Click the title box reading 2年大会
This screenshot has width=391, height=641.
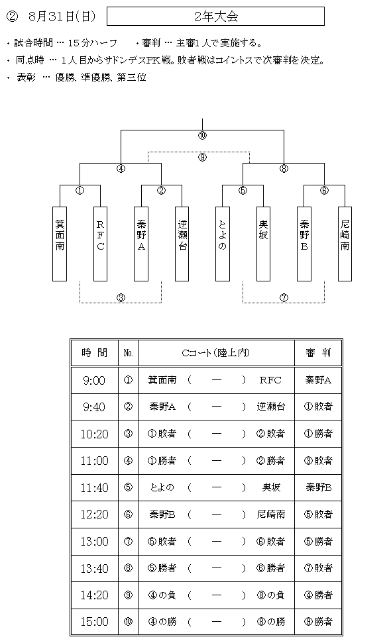pyautogui.click(x=215, y=17)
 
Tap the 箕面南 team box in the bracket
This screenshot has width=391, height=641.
pyautogui.click(x=60, y=244)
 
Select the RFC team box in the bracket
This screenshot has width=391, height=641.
pyautogui.click(x=101, y=244)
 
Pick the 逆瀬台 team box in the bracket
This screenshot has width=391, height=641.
pyautogui.click(x=182, y=244)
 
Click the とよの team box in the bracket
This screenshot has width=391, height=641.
pyautogui.click(x=223, y=244)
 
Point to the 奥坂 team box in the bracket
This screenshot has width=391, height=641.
pyautogui.click(x=263, y=244)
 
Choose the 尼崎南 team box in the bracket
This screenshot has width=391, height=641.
pyautogui.click(x=345, y=244)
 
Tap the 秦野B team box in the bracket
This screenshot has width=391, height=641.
pyautogui.click(x=304, y=244)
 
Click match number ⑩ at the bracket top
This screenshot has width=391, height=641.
pyautogui.click(x=202, y=136)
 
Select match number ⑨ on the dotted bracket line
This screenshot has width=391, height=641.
pyautogui.click(x=202, y=158)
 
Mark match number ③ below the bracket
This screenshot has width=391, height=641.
pyautogui.click(x=121, y=298)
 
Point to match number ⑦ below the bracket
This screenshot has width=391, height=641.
pyautogui.click(x=284, y=298)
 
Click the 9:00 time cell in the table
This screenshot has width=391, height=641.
pyautogui.click(x=95, y=381)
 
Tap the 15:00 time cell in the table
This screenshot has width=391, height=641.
pyautogui.click(x=95, y=622)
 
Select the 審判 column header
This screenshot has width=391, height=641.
pyautogui.click(x=318, y=353)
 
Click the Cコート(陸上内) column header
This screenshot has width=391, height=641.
pyautogui.click(x=216, y=353)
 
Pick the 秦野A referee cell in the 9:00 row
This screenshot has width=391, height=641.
pyautogui.click(x=318, y=381)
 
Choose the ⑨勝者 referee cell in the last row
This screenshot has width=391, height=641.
pyautogui.click(x=318, y=622)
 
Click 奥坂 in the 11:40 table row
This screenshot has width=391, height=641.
pyautogui.click(x=271, y=487)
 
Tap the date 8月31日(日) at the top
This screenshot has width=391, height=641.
pyautogui.click(x=62, y=17)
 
